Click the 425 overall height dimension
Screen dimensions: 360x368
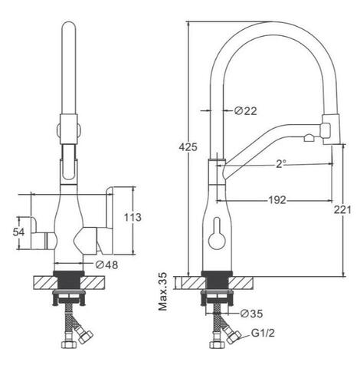click(x=188, y=147)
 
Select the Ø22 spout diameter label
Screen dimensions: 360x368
click(x=246, y=110)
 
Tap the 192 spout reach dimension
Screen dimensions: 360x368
click(x=277, y=200)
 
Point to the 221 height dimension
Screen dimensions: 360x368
click(x=342, y=210)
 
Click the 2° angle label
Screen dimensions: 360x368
click(x=280, y=164)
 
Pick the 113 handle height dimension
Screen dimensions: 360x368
click(x=133, y=218)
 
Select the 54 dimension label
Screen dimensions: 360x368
click(x=19, y=232)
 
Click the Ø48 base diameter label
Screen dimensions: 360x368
click(x=107, y=265)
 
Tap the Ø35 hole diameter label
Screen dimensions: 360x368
click(x=251, y=314)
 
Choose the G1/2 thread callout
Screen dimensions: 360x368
click(x=263, y=333)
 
